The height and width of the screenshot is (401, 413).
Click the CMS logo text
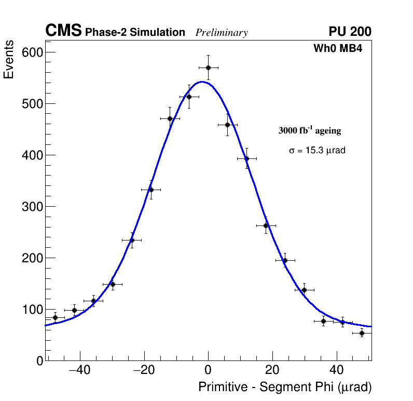point(63,31)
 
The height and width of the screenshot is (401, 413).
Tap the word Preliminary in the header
point(222,33)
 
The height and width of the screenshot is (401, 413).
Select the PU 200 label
point(350,32)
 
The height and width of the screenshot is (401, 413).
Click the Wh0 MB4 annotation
point(338,49)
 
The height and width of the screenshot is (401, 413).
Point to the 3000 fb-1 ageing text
point(310,130)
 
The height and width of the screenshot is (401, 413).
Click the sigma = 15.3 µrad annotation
point(317,150)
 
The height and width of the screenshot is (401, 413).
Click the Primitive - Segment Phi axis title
point(285,387)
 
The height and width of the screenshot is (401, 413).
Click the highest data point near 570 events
point(208,68)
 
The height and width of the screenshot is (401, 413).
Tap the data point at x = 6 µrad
point(227,125)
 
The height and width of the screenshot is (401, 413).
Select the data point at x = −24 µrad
point(132,240)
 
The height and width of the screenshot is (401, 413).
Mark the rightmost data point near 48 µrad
point(362,333)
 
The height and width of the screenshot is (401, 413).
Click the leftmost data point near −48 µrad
point(55,317)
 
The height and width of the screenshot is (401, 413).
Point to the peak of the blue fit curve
point(202,82)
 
